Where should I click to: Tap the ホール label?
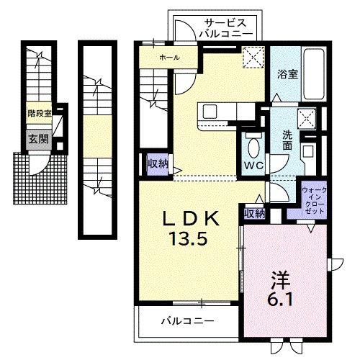pyautogui.click(x=170, y=57)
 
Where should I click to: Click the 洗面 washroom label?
pyautogui.click(x=287, y=140)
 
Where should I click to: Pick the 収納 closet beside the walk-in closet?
pyautogui.click(x=253, y=213)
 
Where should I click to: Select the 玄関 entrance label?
pyautogui.click(x=35, y=139)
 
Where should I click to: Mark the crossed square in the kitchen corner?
pyautogui.click(x=253, y=57)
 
